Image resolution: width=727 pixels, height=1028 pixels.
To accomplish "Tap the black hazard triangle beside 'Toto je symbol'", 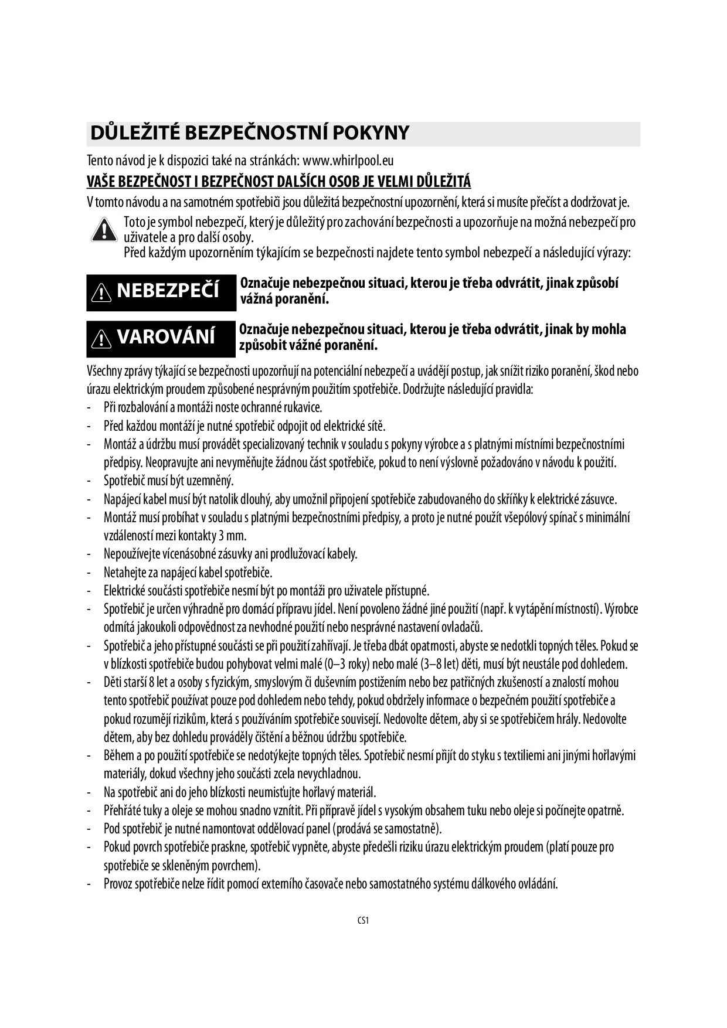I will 104,229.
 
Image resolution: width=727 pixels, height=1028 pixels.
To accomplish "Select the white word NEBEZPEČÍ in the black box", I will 168,291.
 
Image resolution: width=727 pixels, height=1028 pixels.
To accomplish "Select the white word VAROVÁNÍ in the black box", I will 166,337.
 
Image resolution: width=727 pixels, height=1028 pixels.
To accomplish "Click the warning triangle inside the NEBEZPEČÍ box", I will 102,292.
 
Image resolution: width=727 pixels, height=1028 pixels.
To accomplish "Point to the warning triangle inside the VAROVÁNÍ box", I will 102,338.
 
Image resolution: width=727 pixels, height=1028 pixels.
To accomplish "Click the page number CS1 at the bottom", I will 363,920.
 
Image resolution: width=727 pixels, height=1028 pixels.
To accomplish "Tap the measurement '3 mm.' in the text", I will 232,536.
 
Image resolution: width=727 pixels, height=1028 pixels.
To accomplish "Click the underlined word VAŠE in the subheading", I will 100,181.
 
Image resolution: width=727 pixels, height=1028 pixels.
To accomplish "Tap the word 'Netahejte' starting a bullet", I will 124,572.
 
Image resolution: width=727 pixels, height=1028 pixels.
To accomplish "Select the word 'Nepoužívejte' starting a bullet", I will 132,554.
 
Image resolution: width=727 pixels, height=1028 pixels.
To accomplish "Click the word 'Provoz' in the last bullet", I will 118,884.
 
